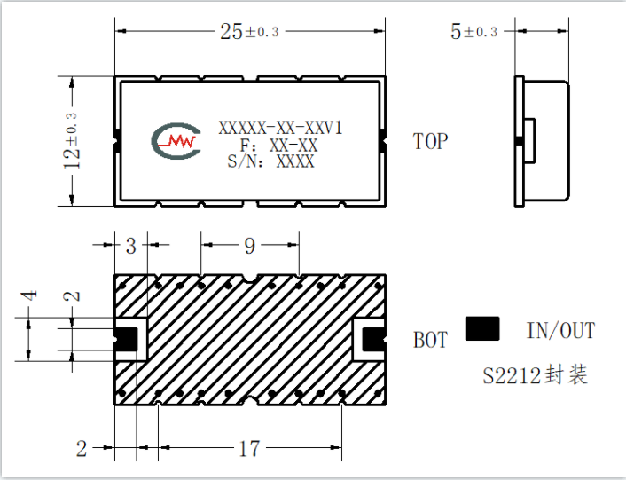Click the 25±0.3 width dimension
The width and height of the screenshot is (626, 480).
249,31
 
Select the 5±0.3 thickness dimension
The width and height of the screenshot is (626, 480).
473,31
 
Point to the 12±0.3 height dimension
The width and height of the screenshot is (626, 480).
72,141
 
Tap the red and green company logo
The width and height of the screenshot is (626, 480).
176,141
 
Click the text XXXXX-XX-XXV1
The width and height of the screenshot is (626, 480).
280,128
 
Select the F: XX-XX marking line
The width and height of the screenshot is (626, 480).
278,145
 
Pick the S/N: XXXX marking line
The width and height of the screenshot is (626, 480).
270,161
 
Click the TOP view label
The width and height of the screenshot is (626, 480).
430,141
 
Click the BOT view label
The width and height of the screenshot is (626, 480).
430,340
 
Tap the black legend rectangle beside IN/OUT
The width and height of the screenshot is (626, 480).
482,328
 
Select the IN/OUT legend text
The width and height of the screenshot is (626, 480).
561,331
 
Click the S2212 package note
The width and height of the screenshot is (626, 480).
536,375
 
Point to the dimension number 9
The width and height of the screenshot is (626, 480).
249,246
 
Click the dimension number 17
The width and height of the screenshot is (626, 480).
249,448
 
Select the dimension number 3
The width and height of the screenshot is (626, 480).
131,246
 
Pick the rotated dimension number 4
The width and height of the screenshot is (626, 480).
29,295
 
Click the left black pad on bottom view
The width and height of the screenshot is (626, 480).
127,340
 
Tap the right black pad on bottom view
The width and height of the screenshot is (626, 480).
373,340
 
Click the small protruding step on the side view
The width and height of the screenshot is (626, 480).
529,140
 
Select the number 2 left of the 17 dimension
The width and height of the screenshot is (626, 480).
82,448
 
